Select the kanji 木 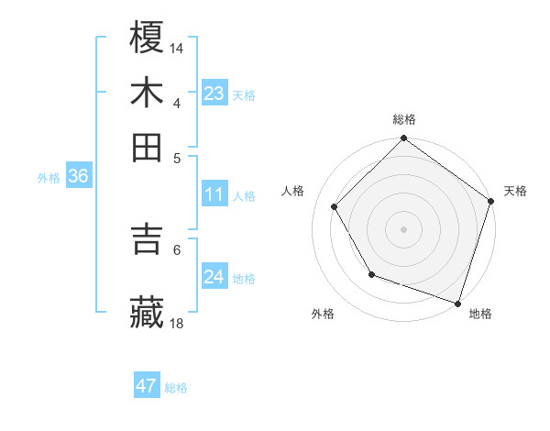pos(148,92)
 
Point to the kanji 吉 pos(148,239)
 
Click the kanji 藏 pos(148,312)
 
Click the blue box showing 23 pos(214,94)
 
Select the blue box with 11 pos(214,194)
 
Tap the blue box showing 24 pos(214,277)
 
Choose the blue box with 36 pos(78,177)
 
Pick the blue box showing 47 pos(147,386)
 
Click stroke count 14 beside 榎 pos(177,47)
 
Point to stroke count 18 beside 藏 pos(177,323)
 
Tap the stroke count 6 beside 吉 pos(177,249)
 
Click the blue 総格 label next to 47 pos(176,388)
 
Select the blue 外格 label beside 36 pos(49,178)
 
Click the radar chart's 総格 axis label pos(404,120)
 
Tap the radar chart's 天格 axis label pos(516,191)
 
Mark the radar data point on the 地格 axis pos(457,303)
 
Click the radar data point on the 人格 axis pos(335,206)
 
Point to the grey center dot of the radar pos(404,228)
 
